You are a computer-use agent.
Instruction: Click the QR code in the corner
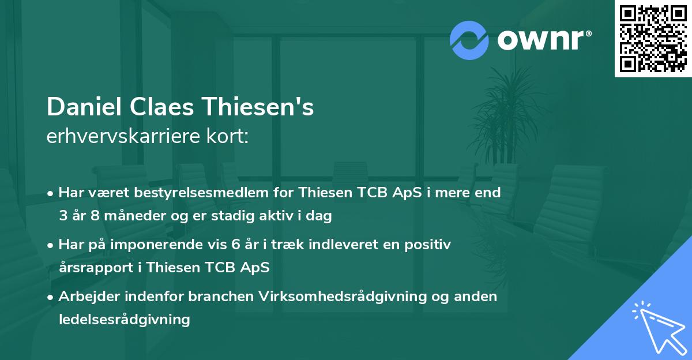pyautogui.click(x=653, y=38)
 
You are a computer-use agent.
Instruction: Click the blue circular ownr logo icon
pyautogui.click(x=469, y=40)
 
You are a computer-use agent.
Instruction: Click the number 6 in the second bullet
pyautogui.click(x=235, y=245)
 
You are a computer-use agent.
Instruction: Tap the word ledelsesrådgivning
pyautogui.click(x=124, y=319)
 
